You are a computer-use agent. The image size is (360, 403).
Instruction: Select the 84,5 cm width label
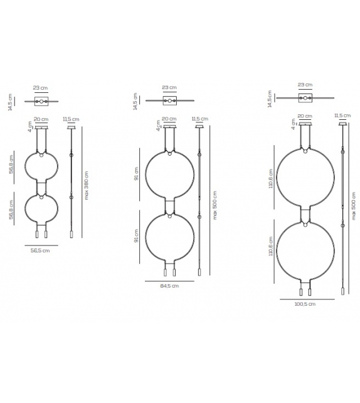click(169, 286)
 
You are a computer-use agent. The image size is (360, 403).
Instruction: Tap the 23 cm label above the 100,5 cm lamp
click(305, 84)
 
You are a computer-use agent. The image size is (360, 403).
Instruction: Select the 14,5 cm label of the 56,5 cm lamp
click(10, 101)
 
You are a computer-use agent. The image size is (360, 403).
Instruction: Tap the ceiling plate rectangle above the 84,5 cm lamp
click(169, 100)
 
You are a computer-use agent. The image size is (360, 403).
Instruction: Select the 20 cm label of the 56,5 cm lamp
click(41, 119)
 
